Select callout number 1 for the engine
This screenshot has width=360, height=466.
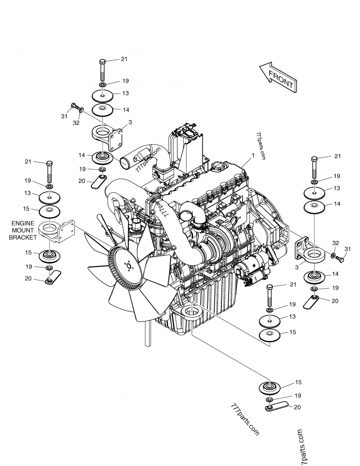click(253, 155)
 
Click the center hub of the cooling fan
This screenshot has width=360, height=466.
click(130, 266)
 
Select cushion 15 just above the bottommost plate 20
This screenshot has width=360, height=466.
click(270, 387)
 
